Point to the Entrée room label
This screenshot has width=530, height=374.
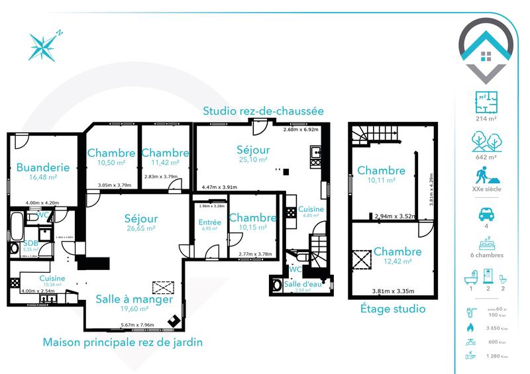(x=209, y=222)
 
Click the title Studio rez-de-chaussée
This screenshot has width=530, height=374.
(x=263, y=111)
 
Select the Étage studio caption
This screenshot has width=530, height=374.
(x=394, y=308)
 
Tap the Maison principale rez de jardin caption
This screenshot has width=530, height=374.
(x=123, y=342)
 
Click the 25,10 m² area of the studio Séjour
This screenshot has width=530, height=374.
(x=253, y=160)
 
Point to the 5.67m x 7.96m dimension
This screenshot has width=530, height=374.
(x=137, y=325)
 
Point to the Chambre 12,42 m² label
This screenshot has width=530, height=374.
(x=397, y=252)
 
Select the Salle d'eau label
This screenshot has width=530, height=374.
(x=302, y=285)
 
